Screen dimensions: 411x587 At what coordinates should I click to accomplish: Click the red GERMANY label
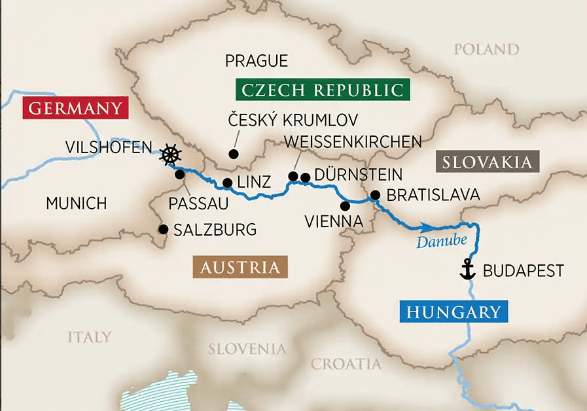pos(73,108)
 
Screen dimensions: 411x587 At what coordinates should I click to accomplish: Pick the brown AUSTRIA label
pos(240,267)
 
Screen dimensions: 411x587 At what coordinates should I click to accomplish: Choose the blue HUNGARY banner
pos(454,312)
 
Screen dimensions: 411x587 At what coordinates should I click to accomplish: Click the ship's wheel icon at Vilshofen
pos(170,155)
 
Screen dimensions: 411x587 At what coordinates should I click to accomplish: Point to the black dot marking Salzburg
pos(162,229)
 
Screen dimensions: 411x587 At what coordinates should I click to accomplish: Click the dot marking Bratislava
pos(375,194)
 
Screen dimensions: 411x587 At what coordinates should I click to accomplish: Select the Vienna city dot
pos(346,205)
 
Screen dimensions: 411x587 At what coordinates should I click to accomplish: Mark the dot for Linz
pos(227,183)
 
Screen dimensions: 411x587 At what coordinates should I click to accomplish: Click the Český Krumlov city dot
pos(232,154)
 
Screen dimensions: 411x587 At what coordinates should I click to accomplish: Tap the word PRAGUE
pos(256,62)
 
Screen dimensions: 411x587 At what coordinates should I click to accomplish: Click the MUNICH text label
pos(76,204)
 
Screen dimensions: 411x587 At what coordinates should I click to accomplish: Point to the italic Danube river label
pos(443,241)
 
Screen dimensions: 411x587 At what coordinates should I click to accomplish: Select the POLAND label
pos(486,50)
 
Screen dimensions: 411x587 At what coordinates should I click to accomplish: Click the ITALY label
pos(89,337)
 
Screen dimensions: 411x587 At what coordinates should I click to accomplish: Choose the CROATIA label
pos(346,364)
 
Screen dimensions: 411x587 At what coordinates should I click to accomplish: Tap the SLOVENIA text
pos(247,349)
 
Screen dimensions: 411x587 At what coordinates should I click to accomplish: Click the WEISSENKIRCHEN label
pos(352,141)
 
